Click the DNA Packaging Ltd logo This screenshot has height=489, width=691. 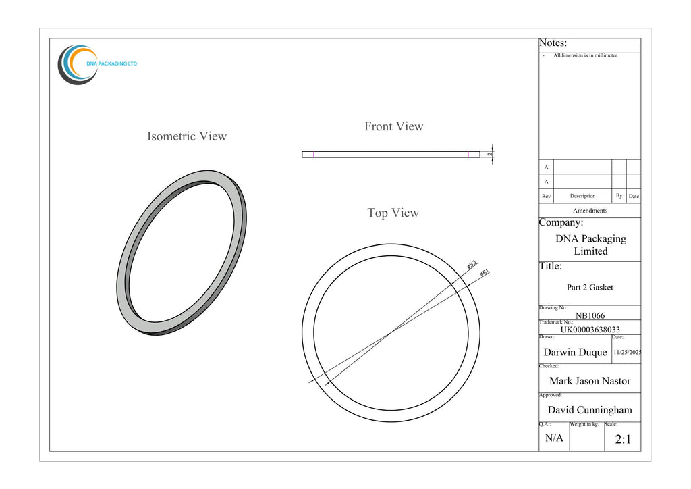tap(97, 65)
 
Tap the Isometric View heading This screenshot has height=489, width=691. tap(187, 136)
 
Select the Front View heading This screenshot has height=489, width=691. tap(393, 126)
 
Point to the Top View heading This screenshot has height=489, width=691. tap(393, 213)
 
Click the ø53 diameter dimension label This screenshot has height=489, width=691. tap(472, 265)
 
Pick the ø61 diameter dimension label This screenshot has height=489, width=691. tap(485, 273)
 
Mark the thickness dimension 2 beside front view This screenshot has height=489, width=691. tap(490, 154)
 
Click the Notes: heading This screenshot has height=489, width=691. tap(553, 43)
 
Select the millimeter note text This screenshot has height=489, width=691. tap(585, 55)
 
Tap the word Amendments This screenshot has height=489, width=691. tap(590, 211)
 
